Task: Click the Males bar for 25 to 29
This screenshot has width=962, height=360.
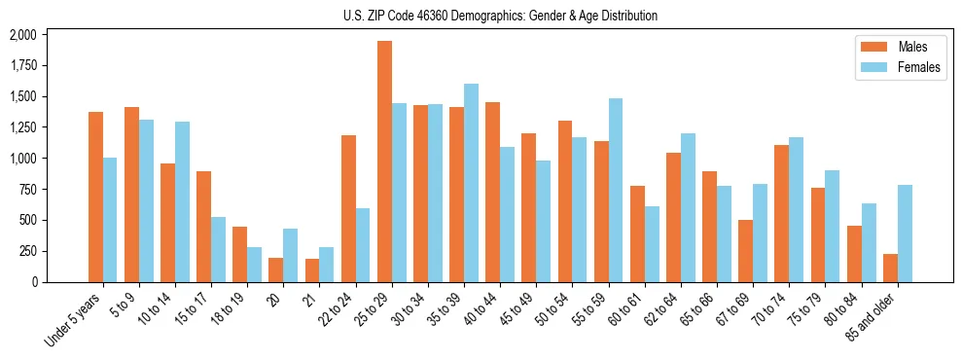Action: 384,162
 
